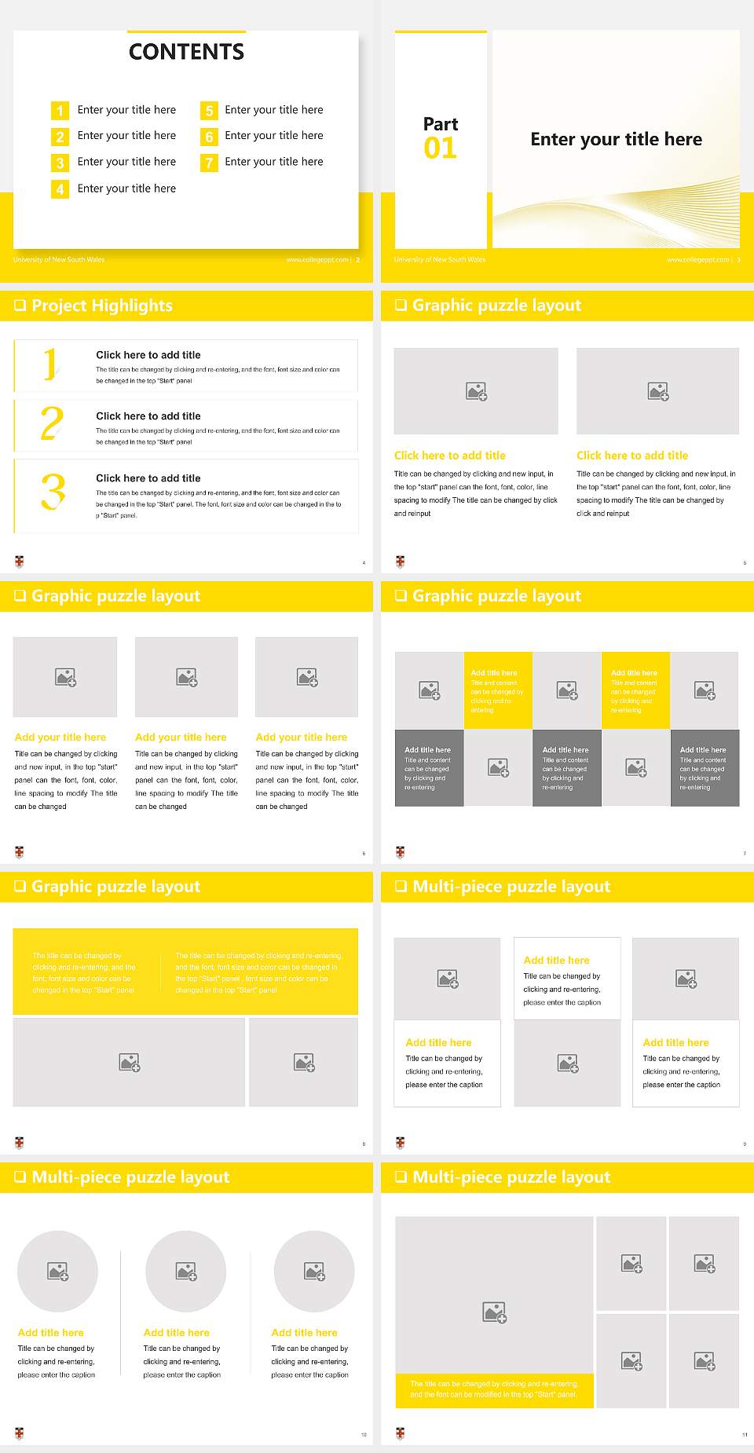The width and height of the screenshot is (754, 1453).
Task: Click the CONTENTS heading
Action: pos(186,52)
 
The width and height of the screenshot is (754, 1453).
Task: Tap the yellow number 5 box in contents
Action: pos(209,111)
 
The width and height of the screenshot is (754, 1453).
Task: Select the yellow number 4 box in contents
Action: pos(60,189)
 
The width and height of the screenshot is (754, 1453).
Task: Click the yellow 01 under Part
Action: pos(440,148)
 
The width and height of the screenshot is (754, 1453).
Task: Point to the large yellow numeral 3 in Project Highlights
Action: pos(53,492)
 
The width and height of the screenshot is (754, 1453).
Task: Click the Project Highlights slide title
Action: pos(102,306)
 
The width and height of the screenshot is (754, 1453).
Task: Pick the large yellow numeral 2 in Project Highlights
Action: pos(52,424)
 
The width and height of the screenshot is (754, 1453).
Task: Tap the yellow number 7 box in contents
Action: pos(209,163)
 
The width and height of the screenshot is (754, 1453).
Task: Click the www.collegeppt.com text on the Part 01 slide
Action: pos(697,260)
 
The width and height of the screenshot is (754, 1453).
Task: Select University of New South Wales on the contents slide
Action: pos(59,260)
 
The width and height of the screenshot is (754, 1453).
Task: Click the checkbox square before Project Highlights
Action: pos(20,306)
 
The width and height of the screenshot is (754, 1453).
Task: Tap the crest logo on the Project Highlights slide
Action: pos(20,562)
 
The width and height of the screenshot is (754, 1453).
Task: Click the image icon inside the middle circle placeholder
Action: pos(186,1271)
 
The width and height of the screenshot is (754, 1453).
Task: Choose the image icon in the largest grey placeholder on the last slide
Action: pos(495,1312)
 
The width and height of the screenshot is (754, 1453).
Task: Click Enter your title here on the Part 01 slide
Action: pos(616,140)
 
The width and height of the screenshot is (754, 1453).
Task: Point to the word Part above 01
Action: pos(441,124)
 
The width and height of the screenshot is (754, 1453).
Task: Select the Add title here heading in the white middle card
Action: pos(556,960)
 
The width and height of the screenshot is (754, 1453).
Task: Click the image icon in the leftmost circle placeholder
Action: pos(58,1271)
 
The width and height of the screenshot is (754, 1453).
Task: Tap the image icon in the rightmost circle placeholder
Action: pos(315,1271)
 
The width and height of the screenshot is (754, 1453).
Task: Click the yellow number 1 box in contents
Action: pos(60,111)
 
